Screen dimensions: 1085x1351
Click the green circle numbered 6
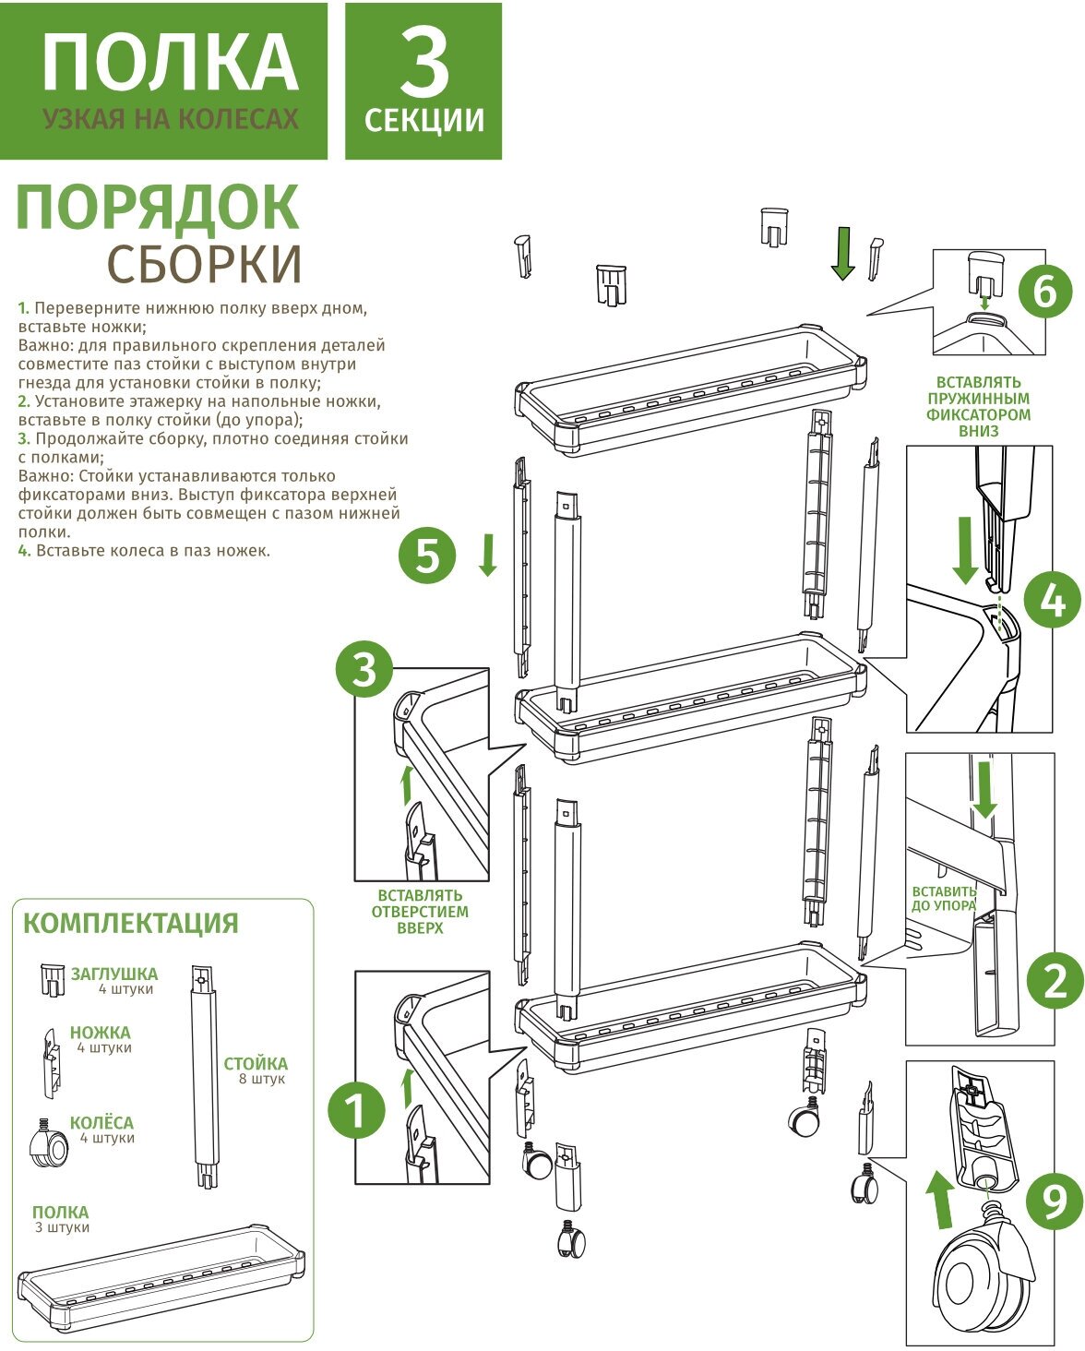1045,292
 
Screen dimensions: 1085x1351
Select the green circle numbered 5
427,556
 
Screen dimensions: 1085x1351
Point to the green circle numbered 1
357,1110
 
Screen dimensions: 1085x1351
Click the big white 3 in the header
424,63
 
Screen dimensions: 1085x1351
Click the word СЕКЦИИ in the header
424,120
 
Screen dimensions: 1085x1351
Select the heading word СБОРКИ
205,263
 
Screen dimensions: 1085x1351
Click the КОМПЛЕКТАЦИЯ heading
131,924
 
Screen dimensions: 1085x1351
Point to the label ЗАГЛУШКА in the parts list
114,974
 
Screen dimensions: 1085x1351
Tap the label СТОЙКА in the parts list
256,1063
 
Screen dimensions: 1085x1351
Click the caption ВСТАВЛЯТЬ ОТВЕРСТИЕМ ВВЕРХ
420,912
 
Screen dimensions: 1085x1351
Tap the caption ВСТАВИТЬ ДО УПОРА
944,899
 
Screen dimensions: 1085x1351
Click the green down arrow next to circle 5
488,555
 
